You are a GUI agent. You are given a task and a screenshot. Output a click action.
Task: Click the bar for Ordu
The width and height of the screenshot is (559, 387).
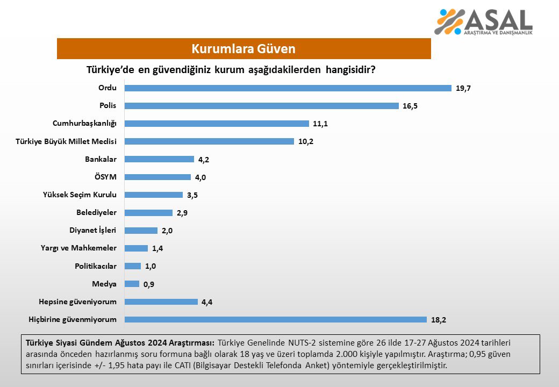point(288,88)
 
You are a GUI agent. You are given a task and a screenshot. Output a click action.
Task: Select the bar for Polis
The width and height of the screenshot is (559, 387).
point(261,106)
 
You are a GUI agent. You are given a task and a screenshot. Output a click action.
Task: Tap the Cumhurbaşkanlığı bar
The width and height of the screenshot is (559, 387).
point(217,124)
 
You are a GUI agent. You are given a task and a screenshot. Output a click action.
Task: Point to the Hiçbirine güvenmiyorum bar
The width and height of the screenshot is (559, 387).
point(275,319)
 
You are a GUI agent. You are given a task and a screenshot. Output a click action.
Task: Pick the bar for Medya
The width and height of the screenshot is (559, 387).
point(132,284)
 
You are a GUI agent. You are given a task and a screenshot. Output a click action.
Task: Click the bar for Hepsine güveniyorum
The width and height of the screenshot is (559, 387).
point(161,302)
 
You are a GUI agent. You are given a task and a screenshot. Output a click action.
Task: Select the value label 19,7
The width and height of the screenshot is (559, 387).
point(463,88)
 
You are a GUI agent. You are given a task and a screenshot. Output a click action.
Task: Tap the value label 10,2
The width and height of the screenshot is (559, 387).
point(306,142)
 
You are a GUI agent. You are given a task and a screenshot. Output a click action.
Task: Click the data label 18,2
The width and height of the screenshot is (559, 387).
point(439,320)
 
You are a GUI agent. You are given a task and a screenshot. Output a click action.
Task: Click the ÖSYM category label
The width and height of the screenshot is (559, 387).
point(105,177)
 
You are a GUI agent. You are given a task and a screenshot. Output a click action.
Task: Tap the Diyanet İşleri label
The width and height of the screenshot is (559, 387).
point(93,230)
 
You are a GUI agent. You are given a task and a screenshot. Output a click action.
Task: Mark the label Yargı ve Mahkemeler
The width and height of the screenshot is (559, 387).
point(78,248)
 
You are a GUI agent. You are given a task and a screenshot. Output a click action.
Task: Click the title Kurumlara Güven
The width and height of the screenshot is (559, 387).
point(243,49)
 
